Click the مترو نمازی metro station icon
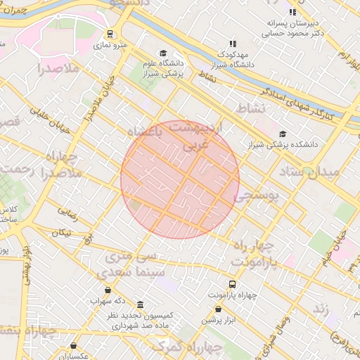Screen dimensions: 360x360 click(x=110, y=34)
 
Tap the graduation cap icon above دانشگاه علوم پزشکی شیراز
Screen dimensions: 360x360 click(x=163, y=53)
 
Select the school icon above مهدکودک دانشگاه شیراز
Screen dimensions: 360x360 click(x=233, y=44)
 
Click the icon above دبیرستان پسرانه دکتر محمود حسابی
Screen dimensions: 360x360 click(x=292, y=12)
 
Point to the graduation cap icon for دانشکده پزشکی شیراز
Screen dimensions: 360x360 click(x=283, y=134)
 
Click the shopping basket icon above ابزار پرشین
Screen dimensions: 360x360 click(x=218, y=309)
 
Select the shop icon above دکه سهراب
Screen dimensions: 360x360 click(x=107, y=289)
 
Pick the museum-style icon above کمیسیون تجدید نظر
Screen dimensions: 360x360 click(x=141, y=305)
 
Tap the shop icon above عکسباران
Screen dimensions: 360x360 click(x=74, y=345)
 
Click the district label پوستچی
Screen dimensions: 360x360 click(x=256, y=196)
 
